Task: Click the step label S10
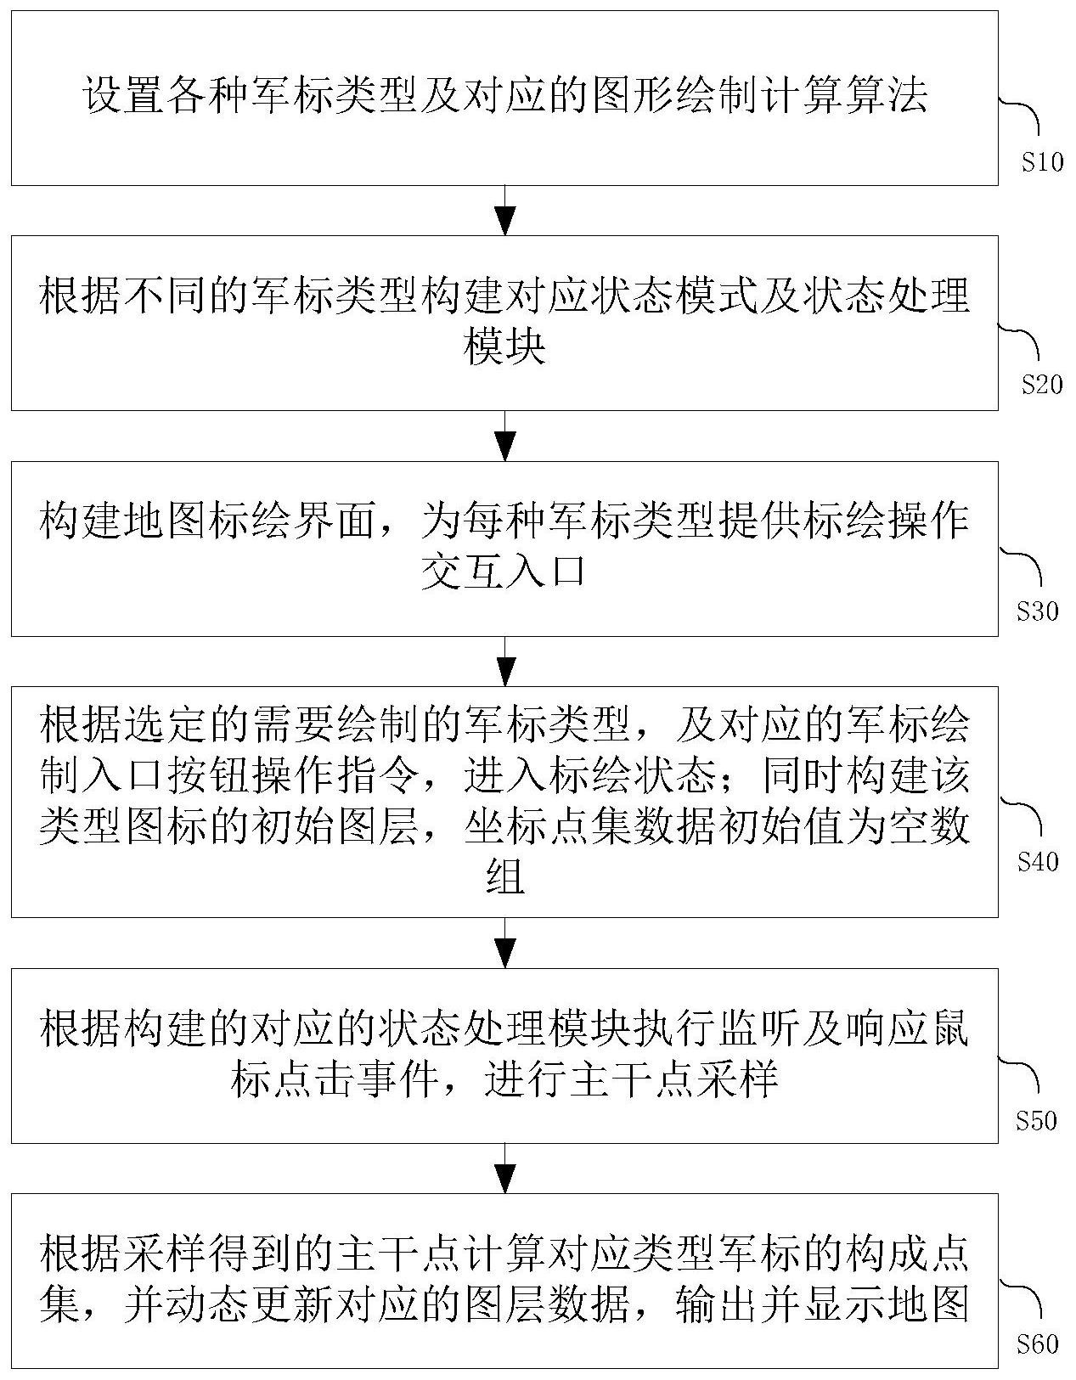1042,162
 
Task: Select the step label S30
1037,611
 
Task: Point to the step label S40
1037,862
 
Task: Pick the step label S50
1036,1121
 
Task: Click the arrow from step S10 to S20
504,211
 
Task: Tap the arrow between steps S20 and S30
504,436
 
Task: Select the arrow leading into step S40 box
504,661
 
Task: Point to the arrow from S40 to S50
504,943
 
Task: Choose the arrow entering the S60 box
504,1168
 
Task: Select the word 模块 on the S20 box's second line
504,348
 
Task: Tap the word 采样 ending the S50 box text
738,1080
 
